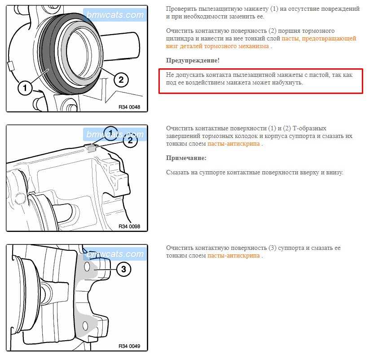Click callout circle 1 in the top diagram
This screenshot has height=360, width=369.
[x=25, y=88]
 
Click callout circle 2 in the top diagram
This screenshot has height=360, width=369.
[x=121, y=80]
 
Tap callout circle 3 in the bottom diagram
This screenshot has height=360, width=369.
[x=123, y=269]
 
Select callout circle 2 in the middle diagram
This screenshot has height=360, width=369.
[x=130, y=141]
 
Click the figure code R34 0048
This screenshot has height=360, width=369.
[x=129, y=107]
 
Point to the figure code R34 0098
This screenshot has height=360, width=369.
[x=129, y=227]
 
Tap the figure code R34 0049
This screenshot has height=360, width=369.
[x=129, y=346]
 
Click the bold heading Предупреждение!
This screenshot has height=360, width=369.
[x=193, y=61]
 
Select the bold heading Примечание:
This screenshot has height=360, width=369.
[x=186, y=158]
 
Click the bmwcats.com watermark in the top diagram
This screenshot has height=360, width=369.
[x=115, y=15]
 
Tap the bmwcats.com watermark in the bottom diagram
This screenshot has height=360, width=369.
[x=115, y=254]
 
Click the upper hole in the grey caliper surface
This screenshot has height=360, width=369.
[x=87, y=267]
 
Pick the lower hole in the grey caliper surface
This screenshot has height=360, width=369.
[x=85, y=326]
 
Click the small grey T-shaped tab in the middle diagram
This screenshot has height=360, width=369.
[x=91, y=148]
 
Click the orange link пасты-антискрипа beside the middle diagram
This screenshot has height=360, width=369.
[x=233, y=144]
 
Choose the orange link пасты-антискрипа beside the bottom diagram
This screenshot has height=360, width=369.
[x=233, y=256]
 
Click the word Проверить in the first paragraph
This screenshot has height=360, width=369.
[x=181, y=9]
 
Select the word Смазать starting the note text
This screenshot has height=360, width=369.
[x=178, y=173]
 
